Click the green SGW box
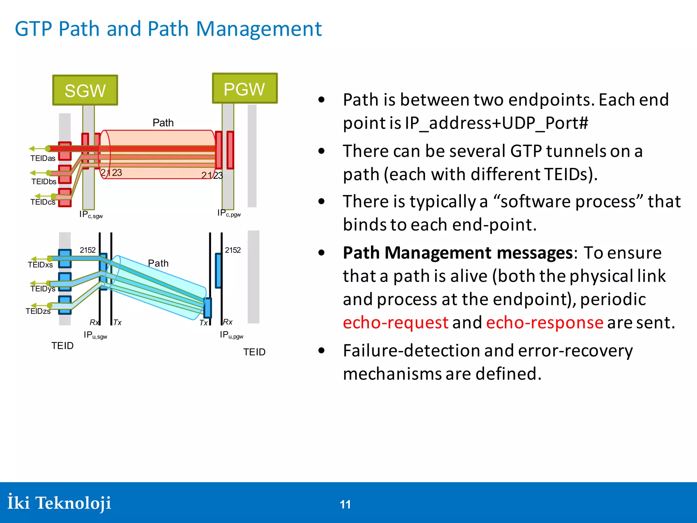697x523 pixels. [85, 90]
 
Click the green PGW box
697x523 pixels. [244, 89]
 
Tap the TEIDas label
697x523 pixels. [43, 158]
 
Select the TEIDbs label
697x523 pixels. [44, 181]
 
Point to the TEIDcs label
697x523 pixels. [43, 202]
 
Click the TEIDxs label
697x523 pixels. [40, 265]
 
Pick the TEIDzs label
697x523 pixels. [38, 311]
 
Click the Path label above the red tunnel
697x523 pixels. [163, 123]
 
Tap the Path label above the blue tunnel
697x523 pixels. [158, 263]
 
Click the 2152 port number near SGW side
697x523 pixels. [87, 250]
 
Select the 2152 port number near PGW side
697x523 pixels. [233, 250]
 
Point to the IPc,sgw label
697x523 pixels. [91, 214]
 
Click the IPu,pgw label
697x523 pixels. [231, 335]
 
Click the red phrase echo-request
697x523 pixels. [395, 322]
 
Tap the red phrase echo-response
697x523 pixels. [545, 322]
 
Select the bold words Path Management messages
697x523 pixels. [458, 253]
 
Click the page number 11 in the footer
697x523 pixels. [345, 504]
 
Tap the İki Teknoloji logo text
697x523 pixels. [59, 503]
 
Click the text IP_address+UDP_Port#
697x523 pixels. [496, 123]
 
